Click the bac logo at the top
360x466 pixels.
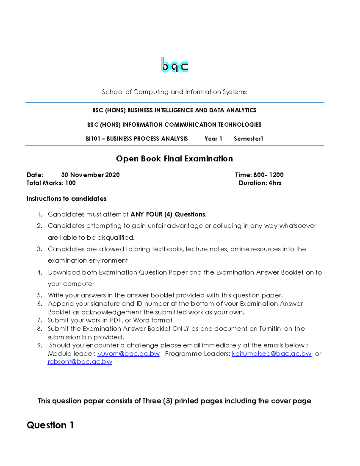pos(175,65)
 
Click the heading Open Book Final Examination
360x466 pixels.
pos(174,159)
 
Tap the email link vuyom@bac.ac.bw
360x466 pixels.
pos(129,354)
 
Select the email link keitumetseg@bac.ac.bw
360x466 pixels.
pos(271,354)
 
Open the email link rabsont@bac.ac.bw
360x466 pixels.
pos(80,362)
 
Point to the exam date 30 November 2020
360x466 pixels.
pos(90,175)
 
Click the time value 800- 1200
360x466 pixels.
pos(268,175)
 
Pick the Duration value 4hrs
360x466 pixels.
pos(275,183)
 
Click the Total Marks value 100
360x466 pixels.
pos(70,183)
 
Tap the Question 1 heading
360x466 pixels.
pos(50,425)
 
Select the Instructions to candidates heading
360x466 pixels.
pos(67,199)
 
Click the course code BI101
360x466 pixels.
pos(93,139)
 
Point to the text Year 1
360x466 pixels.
pos(213,139)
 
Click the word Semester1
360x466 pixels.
pos(248,139)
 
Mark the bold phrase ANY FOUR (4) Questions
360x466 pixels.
pos(169,214)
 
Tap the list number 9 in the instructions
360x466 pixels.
pos(40,345)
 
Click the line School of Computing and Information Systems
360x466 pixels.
pos(174,92)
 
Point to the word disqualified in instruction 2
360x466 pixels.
pos(115,238)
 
